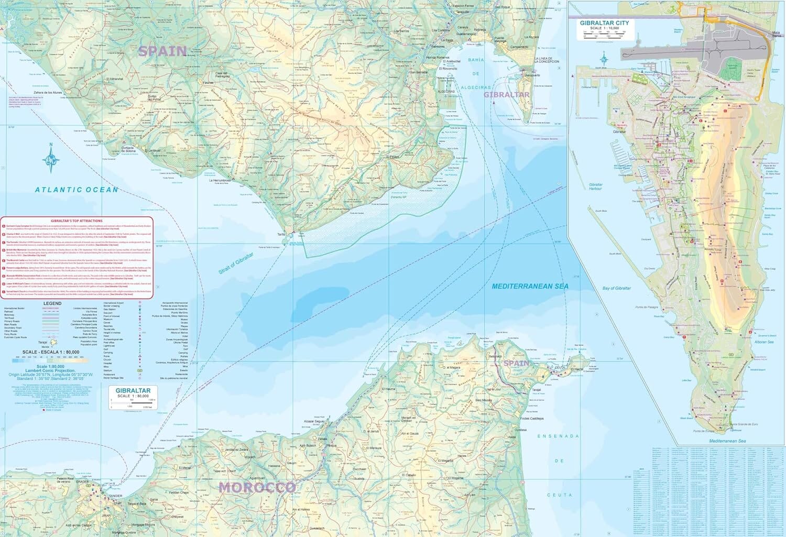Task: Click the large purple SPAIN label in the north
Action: pos(162,51)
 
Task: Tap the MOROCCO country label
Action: pos(257,488)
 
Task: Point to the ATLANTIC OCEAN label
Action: pos(77,190)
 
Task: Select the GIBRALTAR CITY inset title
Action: pos(604,23)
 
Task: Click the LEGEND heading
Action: pos(52,303)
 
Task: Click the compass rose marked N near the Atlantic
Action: pos(51,159)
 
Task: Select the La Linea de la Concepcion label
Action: pos(547,60)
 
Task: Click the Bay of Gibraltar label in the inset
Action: pos(616,289)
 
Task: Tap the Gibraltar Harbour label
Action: pos(596,187)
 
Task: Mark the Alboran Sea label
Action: pos(762,342)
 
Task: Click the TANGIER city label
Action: pos(115,496)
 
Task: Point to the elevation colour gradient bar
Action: pos(50,360)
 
